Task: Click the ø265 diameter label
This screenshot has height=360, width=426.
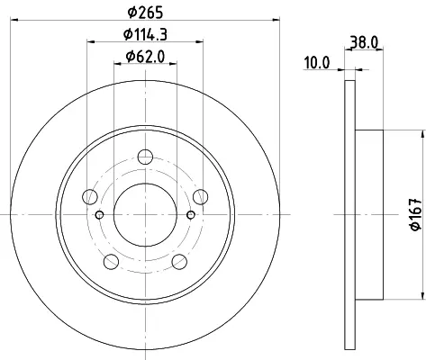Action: click(145, 13)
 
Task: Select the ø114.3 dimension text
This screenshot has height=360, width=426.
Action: click(145, 34)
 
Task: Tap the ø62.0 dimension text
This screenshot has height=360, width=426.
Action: click(145, 56)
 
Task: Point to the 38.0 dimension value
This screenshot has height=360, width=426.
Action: click(364, 42)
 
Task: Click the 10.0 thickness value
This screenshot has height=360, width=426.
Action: click(317, 63)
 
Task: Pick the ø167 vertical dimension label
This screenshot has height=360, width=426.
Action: click(416, 214)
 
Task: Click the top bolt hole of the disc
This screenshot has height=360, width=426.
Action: click(145, 157)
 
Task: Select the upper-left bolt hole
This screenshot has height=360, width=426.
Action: click(90, 197)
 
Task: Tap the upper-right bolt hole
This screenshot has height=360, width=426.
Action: click(201, 197)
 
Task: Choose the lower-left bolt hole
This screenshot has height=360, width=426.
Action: click(111, 262)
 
